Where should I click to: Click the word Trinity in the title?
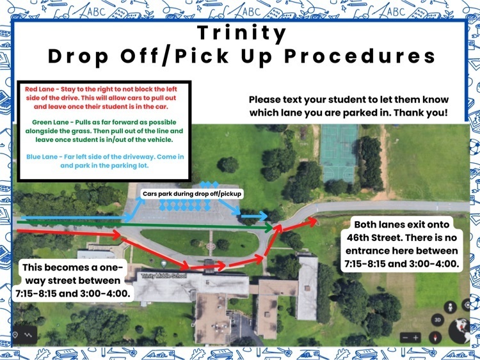click(x=241, y=33)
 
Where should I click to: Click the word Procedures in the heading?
click(x=360, y=56)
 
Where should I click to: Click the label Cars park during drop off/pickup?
click(x=192, y=194)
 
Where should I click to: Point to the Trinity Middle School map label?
click(x=164, y=276)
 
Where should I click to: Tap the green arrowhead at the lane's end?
click(x=268, y=228)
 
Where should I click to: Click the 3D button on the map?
click(x=438, y=320)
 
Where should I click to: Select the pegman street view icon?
click(x=451, y=307)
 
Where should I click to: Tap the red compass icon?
click(x=435, y=338)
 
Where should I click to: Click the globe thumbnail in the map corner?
click(x=459, y=331)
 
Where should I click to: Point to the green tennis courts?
click(x=339, y=153)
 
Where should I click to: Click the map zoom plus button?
click(x=416, y=338)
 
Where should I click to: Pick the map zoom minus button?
click(x=405, y=338)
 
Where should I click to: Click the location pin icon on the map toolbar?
click(x=15, y=335)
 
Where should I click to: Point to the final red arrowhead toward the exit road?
click(x=312, y=221)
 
